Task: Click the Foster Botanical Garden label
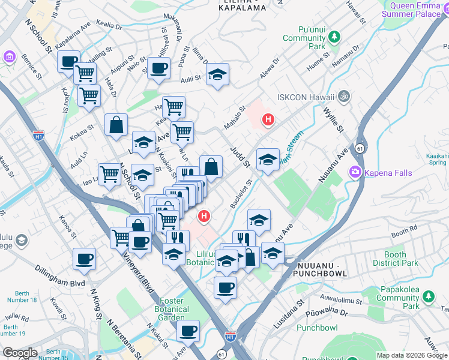click(x=174, y=309)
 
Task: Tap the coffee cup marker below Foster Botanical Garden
click(x=188, y=331)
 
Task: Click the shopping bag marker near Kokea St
click(x=116, y=125)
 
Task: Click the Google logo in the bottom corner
click(x=20, y=352)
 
